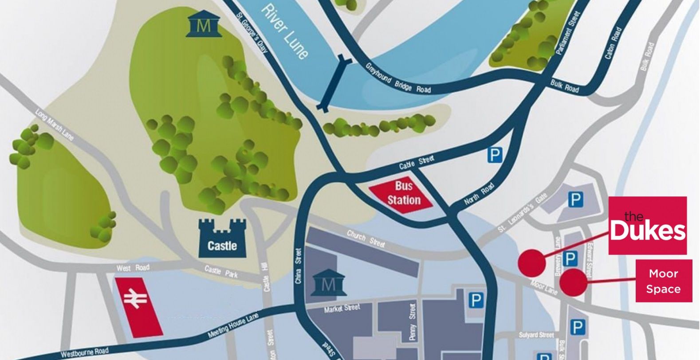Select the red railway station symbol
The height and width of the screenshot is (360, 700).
138,306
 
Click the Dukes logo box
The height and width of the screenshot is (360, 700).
647,226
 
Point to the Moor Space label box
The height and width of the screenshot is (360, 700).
663,281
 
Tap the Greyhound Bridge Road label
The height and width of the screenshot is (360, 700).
397,78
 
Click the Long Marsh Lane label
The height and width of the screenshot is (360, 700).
55,125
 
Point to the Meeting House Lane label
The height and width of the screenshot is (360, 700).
233,326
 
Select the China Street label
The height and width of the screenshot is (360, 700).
299,266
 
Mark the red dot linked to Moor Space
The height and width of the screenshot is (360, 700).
573,282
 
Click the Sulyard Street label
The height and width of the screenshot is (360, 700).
536,335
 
